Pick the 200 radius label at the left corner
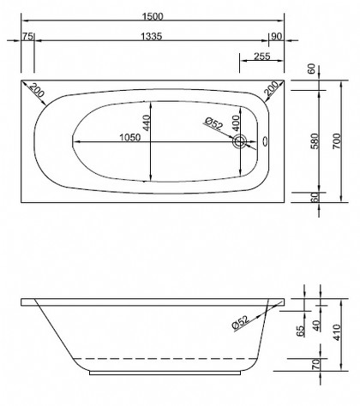[37, 89]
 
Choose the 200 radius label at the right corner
[272, 89]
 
